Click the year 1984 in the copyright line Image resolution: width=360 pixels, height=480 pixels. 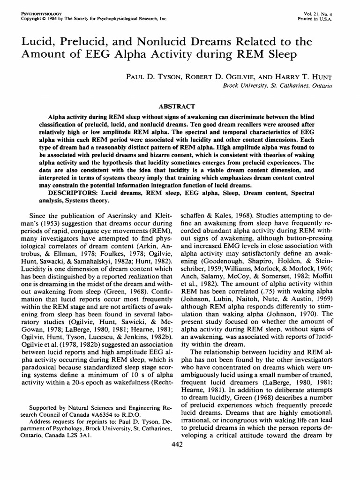49,20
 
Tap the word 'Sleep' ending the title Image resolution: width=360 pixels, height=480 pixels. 280,55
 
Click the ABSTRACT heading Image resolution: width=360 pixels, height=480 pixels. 180,106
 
